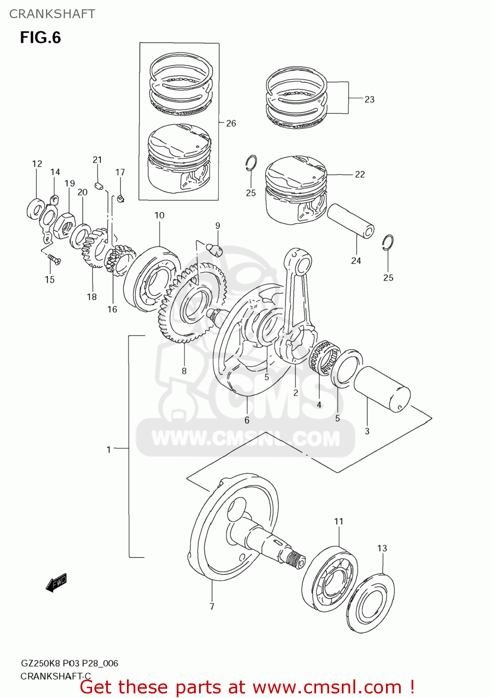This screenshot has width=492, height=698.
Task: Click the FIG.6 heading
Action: (40, 37)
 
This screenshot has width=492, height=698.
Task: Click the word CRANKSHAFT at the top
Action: (52, 14)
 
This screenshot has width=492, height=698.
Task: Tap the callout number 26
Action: (231, 123)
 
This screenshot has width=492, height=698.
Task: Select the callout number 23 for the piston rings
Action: (369, 99)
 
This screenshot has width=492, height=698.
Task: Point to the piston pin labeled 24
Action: (351, 220)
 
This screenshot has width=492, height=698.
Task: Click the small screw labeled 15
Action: (54, 259)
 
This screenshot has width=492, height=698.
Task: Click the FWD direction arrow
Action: (56, 583)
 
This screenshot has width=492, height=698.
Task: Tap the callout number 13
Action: (382, 548)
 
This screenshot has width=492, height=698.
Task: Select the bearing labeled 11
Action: (330, 577)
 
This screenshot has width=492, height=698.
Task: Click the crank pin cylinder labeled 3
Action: (382, 389)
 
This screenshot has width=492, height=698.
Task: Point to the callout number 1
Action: (109, 450)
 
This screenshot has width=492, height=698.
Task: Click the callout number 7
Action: (212, 606)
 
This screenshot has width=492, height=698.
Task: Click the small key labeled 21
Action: (98, 186)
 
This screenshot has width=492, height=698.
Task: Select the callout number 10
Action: (160, 215)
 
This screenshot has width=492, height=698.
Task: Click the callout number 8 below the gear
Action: (184, 371)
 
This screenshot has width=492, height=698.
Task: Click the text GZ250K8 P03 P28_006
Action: (69, 663)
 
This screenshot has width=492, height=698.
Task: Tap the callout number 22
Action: (360, 174)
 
